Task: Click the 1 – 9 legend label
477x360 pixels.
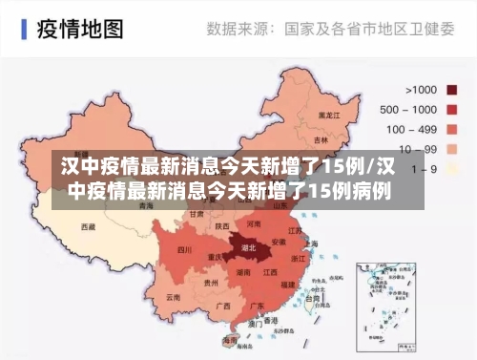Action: pyautogui.click(x=425, y=168)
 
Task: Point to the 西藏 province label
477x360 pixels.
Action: pyautogui.click(x=88, y=227)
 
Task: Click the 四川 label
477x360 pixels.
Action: pyautogui.click(x=185, y=250)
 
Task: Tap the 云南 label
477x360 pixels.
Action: pyautogui.click(x=173, y=297)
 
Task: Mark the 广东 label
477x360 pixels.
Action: pyautogui.click(x=258, y=307)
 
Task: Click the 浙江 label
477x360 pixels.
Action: pyautogui.click(x=299, y=258)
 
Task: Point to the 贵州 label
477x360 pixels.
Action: pyautogui.click(x=212, y=284)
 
